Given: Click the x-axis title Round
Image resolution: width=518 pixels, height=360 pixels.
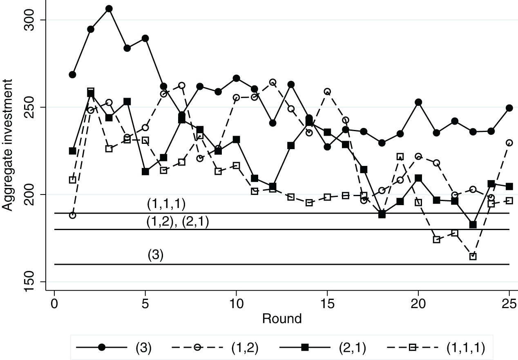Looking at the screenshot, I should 281,318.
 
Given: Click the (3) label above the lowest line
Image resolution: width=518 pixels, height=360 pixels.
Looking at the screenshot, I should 155,255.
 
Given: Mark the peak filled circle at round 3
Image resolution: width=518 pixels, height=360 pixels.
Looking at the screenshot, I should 109,9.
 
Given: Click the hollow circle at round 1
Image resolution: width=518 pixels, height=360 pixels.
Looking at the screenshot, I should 72,215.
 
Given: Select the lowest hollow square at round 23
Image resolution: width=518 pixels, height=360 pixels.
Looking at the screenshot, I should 473,257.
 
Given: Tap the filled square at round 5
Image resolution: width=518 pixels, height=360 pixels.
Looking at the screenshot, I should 145,172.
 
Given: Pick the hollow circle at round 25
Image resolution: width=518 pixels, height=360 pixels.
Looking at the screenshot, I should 509,143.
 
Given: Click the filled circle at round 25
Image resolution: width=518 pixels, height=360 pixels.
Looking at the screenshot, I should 509,108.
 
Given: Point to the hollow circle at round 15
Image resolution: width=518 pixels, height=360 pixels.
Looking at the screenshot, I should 327,91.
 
